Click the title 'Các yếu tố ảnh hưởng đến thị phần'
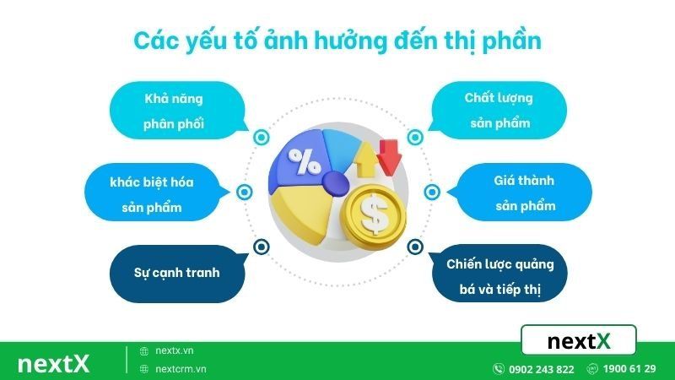337,41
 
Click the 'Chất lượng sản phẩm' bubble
498,110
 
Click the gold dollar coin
373,216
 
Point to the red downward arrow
389,155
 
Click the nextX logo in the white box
578,341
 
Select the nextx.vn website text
175,350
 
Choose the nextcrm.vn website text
181,369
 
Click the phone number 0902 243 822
541,369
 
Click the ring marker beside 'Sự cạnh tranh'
259,247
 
